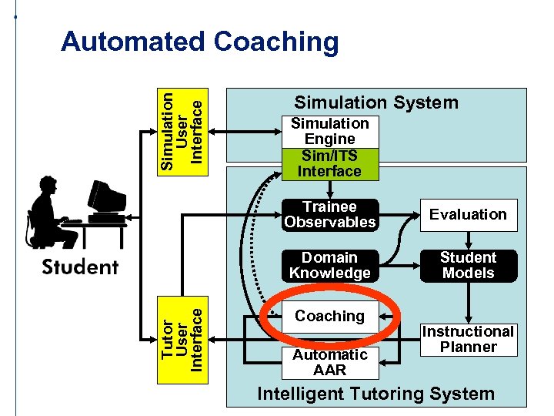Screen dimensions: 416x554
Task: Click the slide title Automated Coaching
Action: point(199,42)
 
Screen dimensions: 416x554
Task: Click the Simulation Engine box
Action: point(329,132)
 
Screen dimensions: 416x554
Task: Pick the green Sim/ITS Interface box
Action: point(329,164)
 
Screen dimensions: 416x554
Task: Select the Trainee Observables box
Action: point(329,215)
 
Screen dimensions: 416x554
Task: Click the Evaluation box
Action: point(468,215)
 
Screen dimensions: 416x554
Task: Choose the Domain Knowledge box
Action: point(329,266)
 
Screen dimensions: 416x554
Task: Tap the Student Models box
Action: point(468,266)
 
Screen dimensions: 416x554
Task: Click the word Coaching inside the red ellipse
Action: point(329,316)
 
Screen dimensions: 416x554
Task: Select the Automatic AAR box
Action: point(329,362)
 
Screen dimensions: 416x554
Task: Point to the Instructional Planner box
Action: point(468,339)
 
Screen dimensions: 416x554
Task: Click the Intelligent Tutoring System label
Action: point(375,394)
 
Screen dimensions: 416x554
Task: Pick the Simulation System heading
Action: point(376,102)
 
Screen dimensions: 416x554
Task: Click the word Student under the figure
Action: point(80,267)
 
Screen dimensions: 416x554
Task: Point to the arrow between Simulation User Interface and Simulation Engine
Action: point(246,131)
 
